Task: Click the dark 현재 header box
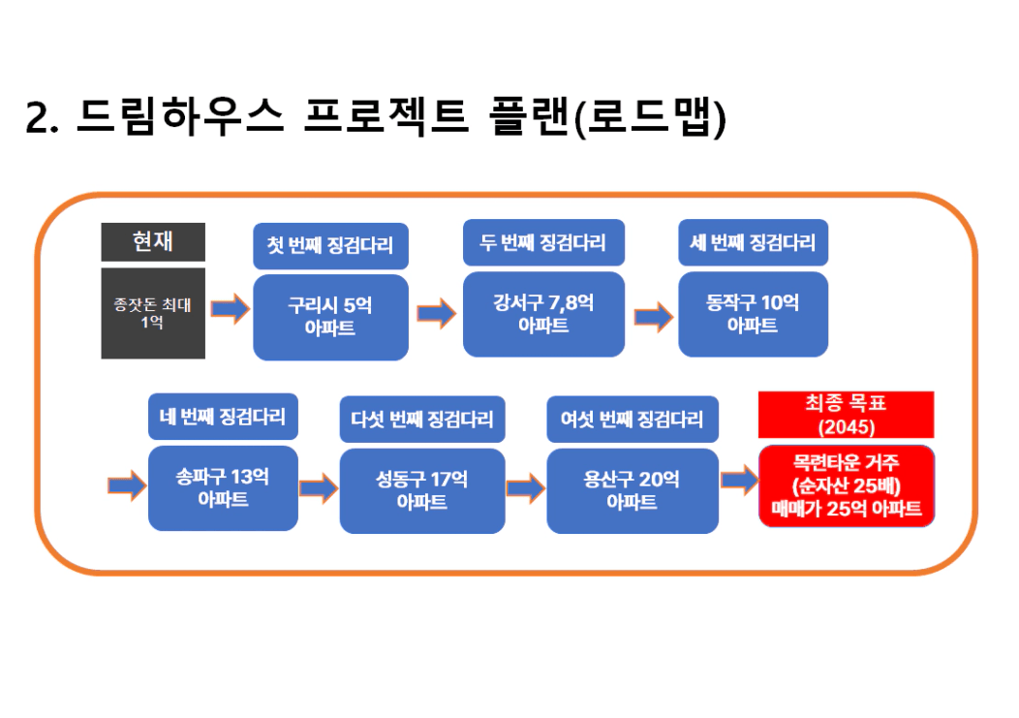coord(153,242)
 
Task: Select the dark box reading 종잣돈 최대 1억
coord(153,314)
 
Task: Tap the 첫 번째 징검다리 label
coord(330,246)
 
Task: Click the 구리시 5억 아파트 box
coord(330,318)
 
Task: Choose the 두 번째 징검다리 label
coord(544,242)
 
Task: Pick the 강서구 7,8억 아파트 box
coord(544,314)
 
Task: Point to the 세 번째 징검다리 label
coord(754,242)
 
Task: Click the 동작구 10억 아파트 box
coord(754,314)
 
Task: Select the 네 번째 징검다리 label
coord(223,417)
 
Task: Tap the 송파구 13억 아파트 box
coord(223,488)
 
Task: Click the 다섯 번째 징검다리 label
coord(422,420)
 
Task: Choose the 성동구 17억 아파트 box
coord(422,491)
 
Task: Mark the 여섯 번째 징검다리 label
coord(633,420)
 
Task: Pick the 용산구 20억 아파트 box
coord(633,491)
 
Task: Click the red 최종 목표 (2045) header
coord(847,415)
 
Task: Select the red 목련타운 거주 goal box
coord(847,485)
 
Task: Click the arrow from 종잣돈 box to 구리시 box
coord(231,308)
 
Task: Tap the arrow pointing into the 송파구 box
coord(128,485)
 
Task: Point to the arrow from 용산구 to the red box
coord(740,481)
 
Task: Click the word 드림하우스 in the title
coord(181,117)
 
